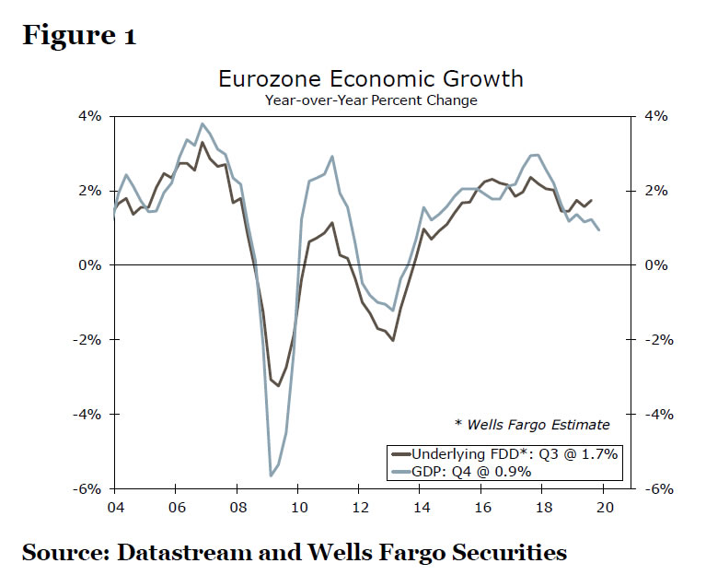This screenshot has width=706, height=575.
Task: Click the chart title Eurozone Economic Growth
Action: pos(370,78)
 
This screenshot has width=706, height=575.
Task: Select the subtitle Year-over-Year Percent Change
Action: pos(370,100)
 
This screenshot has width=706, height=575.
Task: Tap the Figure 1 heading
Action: pos(79,37)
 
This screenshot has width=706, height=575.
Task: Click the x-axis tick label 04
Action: pos(115,506)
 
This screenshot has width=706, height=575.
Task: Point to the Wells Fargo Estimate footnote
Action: pos(532,425)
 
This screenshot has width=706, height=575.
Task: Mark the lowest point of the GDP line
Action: pos(271,475)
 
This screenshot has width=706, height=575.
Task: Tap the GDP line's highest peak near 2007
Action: pos(203,123)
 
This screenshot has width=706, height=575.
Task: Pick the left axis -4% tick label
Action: pos(88,414)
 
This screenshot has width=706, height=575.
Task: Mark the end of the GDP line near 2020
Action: pos(599,230)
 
